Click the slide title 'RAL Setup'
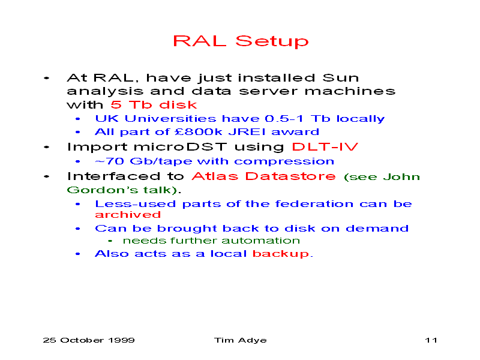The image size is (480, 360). (241, 41)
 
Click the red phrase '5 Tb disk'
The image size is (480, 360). (154, 104)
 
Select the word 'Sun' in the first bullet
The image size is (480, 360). (341, 78)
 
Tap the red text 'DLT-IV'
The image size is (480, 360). (325, 146)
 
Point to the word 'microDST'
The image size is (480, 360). (181, 146)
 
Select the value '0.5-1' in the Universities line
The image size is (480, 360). (284, 118)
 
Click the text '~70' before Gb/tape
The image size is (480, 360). (109, 161)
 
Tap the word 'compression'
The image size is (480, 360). (284, 161)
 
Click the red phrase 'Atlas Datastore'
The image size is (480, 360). (263, 176)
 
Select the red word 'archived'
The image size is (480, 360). (128, 215)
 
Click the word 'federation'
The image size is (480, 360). (314, 204)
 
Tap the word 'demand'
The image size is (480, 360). (377, 229)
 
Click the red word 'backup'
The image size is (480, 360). (281, 254)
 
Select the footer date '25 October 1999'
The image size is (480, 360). (89, 340)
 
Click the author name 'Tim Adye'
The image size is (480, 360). (241, 340)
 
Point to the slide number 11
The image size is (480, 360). (431, 340)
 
